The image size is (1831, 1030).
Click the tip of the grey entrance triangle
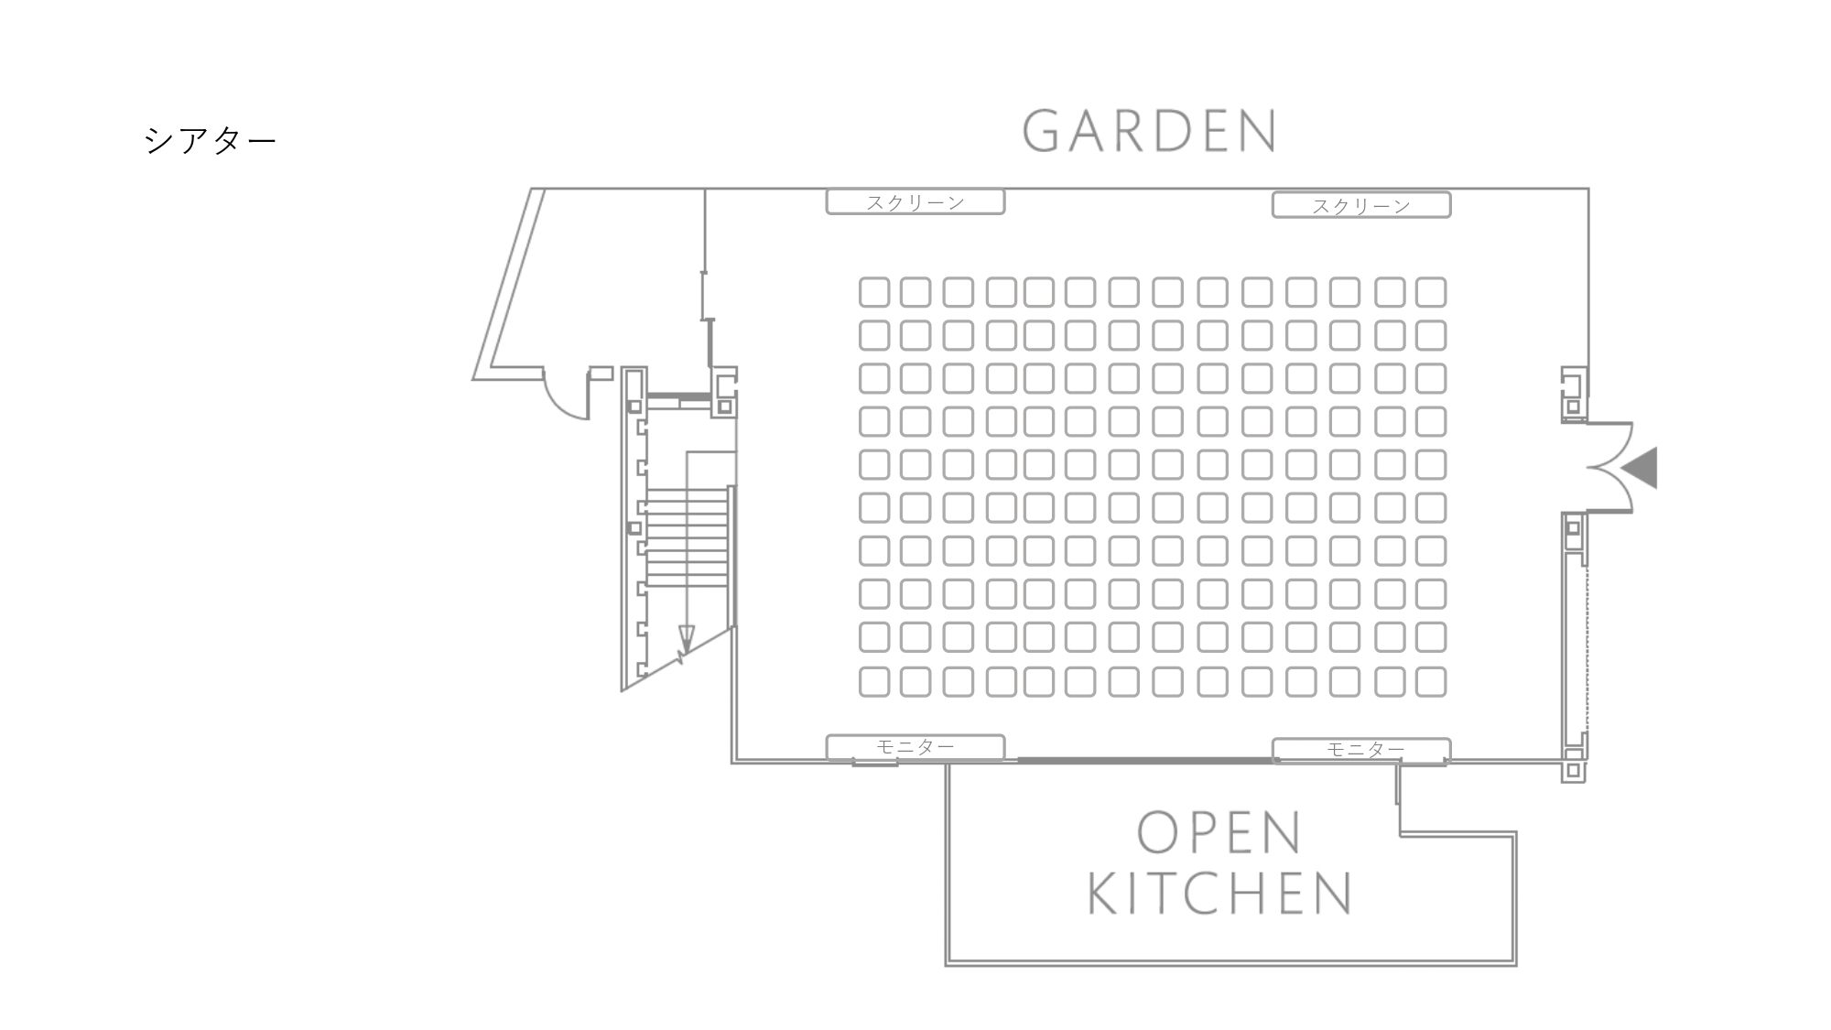tap(1621, 469)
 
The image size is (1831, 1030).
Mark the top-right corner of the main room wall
tap(1588, 189)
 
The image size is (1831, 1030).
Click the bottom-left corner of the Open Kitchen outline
tap(947, 964)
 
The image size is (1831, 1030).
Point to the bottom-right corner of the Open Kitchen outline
tap(1516, 964)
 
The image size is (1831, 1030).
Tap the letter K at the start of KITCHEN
tap(1102, 893)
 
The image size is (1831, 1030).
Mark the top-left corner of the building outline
tap(532, 189)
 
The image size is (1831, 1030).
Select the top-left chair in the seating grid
tap(874, 293)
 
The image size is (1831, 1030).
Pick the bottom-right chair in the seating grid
tap(1431, 682)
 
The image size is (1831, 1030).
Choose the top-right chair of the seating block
tap(1431, 293)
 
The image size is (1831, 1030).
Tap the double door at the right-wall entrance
tap(1609, 468)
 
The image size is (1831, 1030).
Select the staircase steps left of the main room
tap(688, 537)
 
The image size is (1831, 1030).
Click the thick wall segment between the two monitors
tap(1145, 760)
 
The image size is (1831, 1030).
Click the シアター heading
tap(210, 141)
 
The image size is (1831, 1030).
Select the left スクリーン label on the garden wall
tap(915, 202)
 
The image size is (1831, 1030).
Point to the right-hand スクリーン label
tap(1361, 206)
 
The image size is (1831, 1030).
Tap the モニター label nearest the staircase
tap(915, 747)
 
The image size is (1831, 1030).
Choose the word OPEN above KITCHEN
tap(1219, 832)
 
